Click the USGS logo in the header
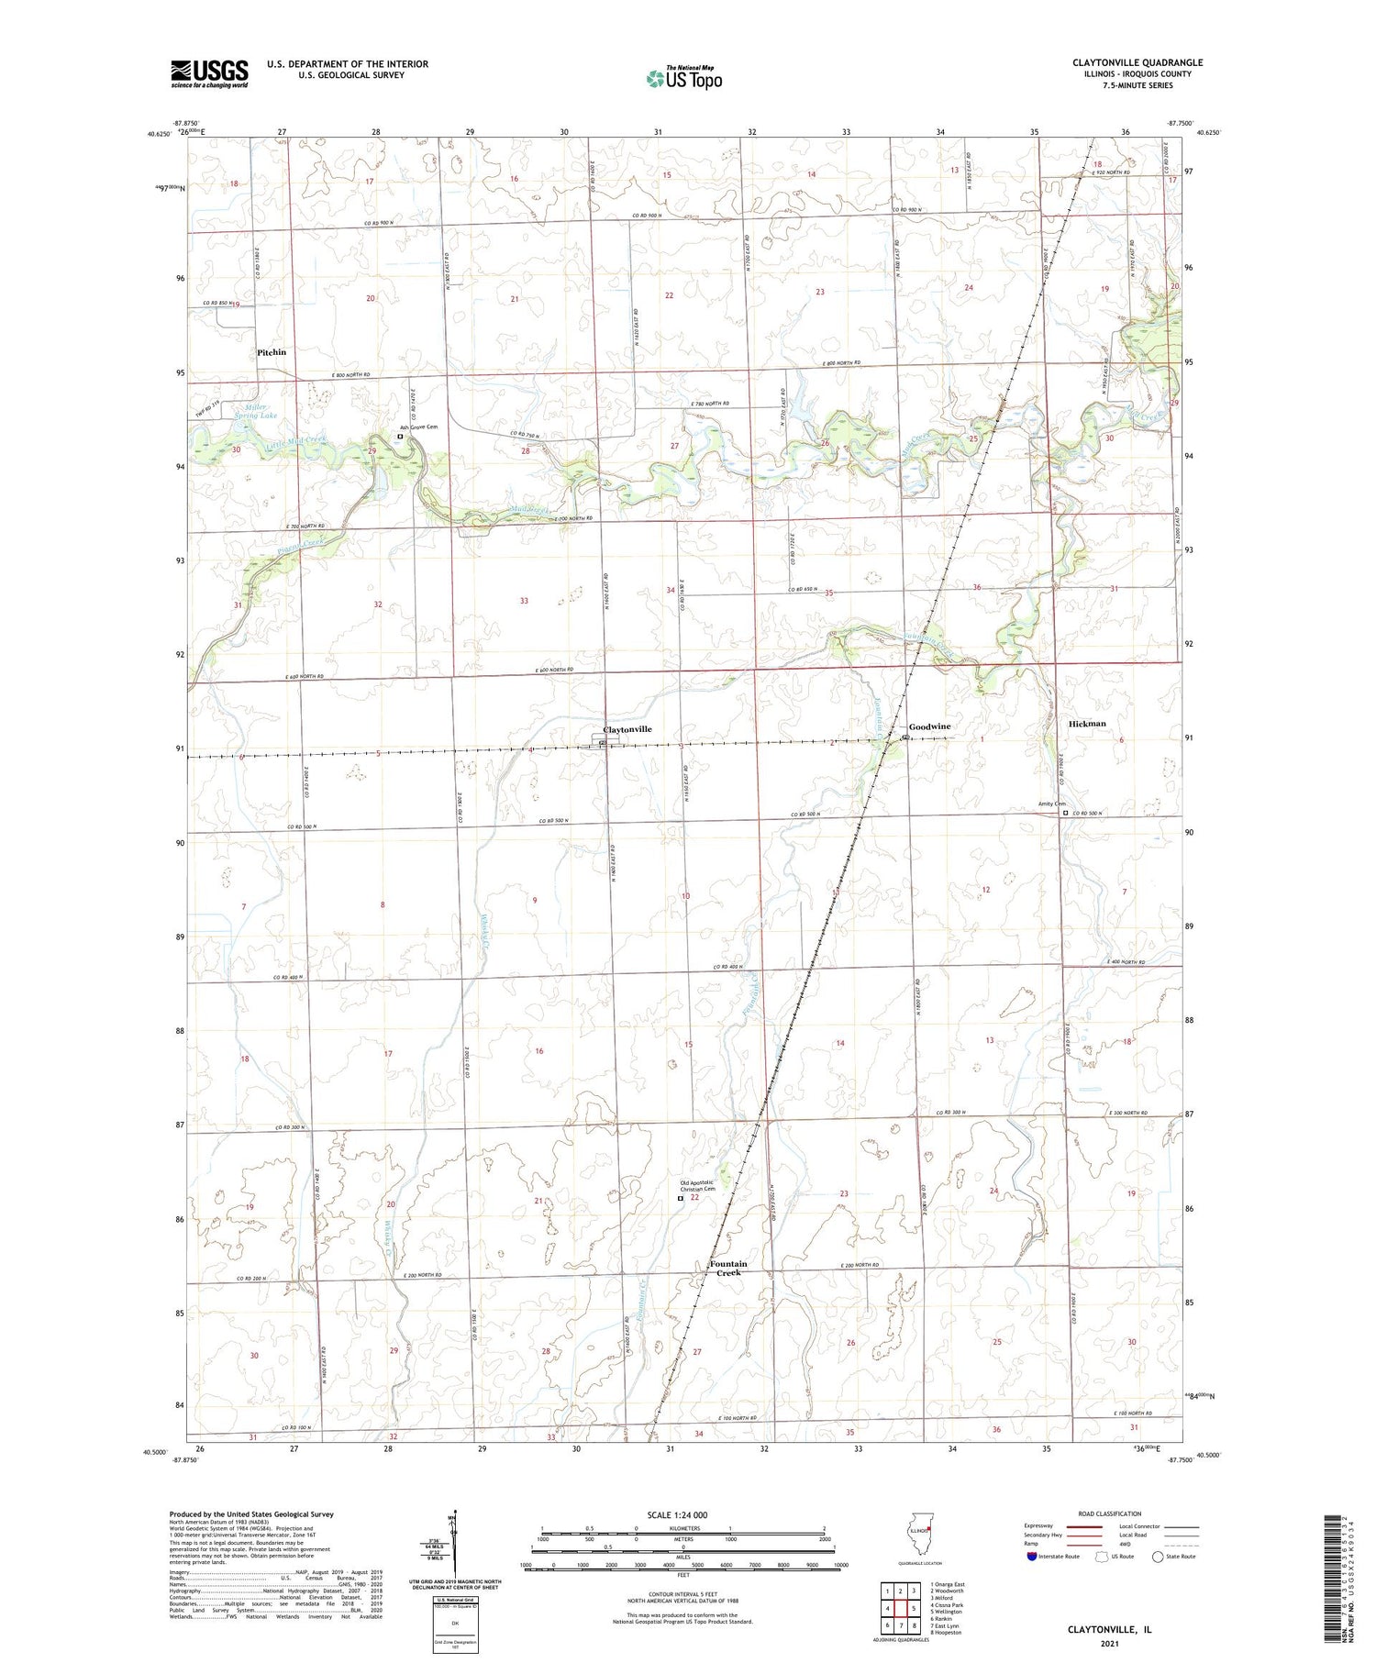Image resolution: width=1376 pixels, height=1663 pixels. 209,73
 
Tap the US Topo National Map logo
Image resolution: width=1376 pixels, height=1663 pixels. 683,79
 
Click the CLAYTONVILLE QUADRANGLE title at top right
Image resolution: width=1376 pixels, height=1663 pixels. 1137,62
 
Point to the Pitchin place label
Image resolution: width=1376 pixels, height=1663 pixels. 272,352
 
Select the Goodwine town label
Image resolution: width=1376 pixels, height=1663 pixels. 930,726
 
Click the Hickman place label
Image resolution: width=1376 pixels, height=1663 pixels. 1087,724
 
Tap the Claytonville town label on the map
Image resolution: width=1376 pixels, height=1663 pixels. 627,729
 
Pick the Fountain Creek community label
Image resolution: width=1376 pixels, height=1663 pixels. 728,1268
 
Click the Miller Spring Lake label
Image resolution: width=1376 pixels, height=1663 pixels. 255,411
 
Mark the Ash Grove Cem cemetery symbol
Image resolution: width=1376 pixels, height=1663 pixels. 400,437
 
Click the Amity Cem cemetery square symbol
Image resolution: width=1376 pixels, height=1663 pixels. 1065,812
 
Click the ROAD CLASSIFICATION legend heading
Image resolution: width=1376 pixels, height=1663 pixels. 1109,1513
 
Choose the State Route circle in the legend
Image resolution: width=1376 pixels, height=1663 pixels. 1158,1557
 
